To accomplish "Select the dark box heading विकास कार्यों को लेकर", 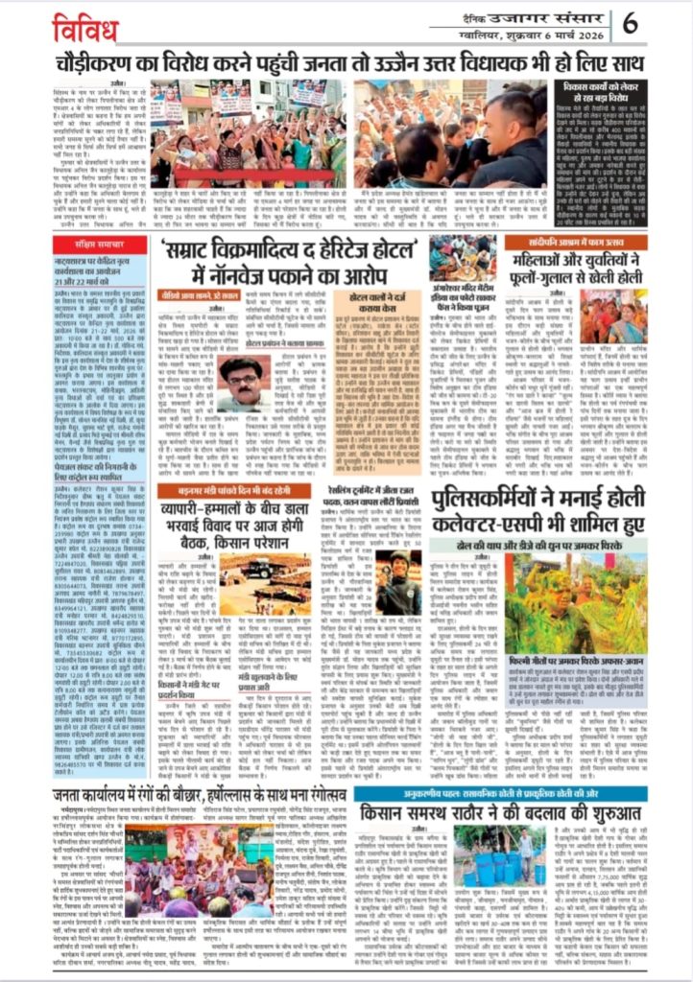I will pos(606,92).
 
